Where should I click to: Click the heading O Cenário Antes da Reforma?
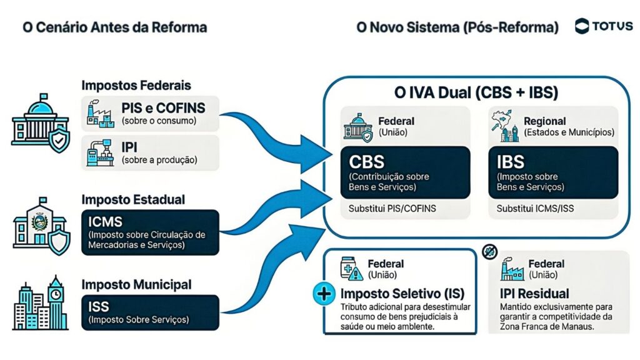pos(114,27)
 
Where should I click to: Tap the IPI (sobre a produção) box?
pos(150,152)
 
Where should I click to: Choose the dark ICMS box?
pos(150,232)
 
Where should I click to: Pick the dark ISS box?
pos(150,312)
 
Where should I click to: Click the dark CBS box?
pos(406,172)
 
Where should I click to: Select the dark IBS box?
pos(553,172)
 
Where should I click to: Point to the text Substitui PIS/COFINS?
pos(392,208)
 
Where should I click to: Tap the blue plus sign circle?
pos(323,294)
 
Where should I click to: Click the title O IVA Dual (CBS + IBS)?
pos(476,92)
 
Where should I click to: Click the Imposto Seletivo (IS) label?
pos(402,294)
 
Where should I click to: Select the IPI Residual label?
pos(534,293)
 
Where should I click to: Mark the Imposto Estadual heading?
pos(133,199)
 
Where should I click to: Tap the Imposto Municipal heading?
pos(136,285)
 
